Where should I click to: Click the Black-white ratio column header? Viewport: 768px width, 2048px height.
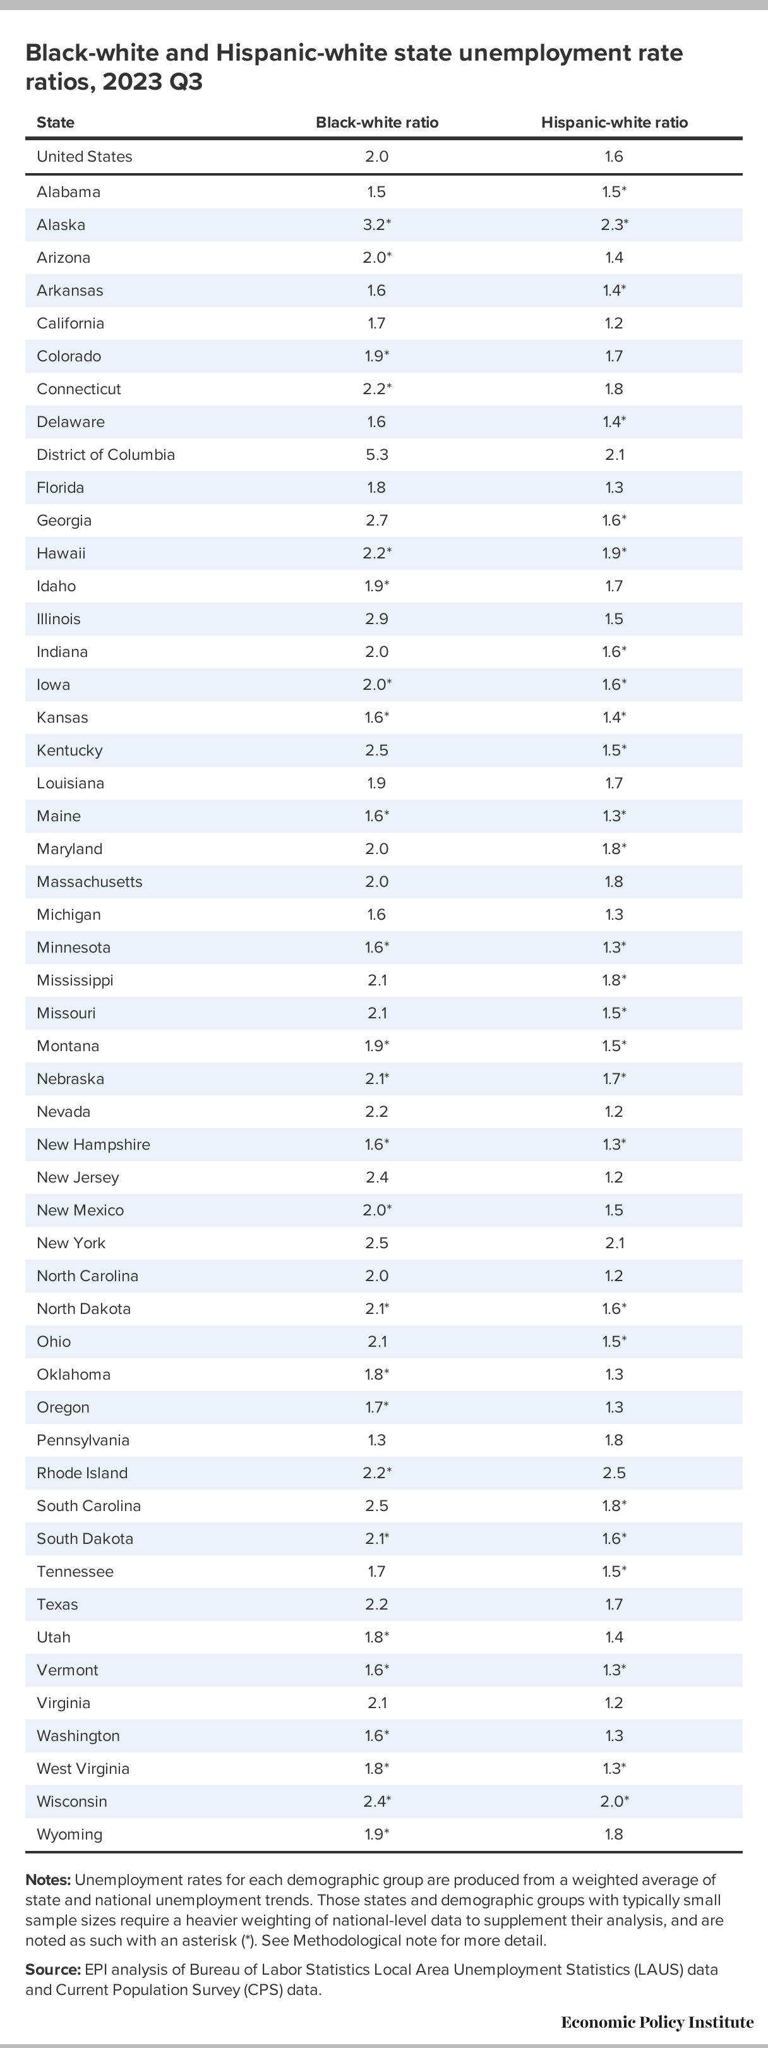pos(377,123)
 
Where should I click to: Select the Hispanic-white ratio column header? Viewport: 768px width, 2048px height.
pos(615,123)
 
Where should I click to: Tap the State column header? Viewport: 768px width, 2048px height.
pos(56,123)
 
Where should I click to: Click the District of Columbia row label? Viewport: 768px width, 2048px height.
pos(105,455)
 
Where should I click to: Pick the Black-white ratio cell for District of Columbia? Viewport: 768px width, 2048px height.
pos(377,455)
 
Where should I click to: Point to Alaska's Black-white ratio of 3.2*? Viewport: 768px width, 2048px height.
pos(377,225)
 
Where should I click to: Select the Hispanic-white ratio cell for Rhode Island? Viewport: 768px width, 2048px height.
pos(614,1473)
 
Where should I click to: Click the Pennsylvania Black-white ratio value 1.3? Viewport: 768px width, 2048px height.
pos(377,1440)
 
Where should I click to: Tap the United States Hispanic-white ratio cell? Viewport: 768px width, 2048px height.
pos(614,157)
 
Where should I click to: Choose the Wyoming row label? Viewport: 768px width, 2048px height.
pos(69,1834)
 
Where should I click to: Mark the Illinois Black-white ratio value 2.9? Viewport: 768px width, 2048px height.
pos(377,618)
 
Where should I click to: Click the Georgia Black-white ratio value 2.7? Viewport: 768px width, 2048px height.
pos(377,520)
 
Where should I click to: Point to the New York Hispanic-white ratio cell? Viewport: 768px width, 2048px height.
pos(615,1243)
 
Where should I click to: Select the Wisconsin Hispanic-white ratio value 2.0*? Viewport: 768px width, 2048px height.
pos(615,1802)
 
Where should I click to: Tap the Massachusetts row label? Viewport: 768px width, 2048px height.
pos(90,882)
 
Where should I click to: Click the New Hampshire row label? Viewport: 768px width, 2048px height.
pos(93,1145)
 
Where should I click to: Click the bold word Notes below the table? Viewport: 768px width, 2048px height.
pos(49,1879)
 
